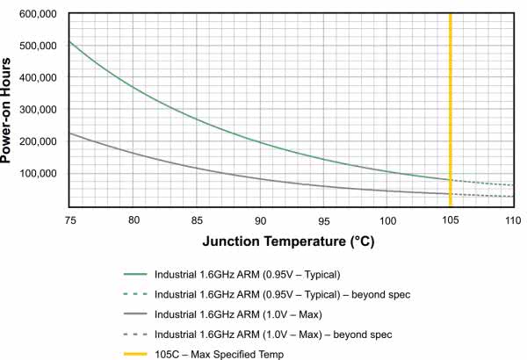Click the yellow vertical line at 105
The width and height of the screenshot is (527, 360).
click(450, 105)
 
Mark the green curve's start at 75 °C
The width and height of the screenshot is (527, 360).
click(69, 42)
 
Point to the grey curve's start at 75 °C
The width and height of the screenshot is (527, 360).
click(69, 133)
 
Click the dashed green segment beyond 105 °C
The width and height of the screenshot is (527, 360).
click(483, 183)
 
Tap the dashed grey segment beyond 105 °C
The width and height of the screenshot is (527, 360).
click(483, 195)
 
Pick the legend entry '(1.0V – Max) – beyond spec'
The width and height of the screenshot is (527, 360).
click(272, 335)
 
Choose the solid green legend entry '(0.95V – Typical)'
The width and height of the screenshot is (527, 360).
click(247, 274)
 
